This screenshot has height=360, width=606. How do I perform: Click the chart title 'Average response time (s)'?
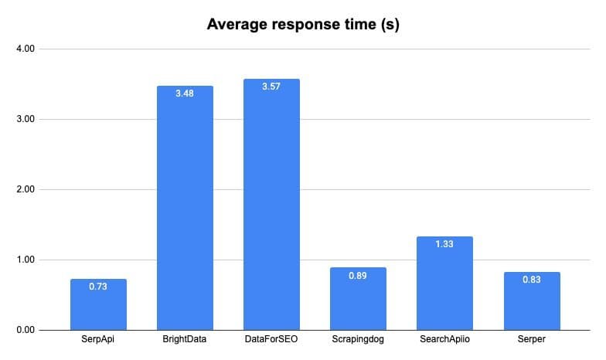click(x=302, y=24)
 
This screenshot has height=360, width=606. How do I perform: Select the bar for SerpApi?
click(x=98, y=305)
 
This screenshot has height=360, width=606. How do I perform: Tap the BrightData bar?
click(x=185, y=209)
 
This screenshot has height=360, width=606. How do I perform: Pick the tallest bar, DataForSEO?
click(x=271, y=205)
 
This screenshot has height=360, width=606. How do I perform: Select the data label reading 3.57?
click(x=271, y=87)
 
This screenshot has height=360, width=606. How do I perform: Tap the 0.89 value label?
click(x=358, y=276)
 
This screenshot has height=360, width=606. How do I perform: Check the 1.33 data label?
click(x=444, y=245)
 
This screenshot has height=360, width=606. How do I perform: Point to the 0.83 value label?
click(x=532, y=280)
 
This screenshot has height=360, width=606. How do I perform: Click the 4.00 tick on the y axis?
click(x=25, y=49)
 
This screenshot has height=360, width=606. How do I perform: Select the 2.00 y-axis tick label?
click(x=25, y=189)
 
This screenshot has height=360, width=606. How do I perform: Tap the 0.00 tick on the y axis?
click(x=25, y=330)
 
